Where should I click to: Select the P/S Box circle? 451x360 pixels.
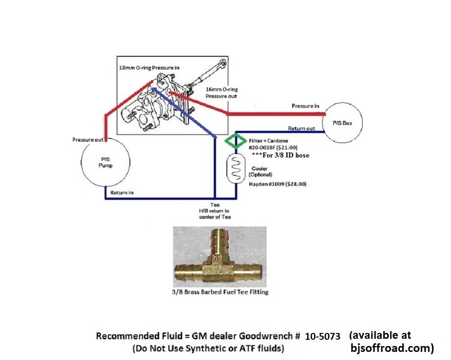point(343,123)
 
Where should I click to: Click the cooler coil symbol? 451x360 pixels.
point(235,168)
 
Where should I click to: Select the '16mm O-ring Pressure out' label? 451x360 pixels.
point(221,92)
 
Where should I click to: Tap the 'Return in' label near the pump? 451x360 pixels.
point(122,193)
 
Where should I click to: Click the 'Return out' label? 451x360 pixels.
point(302,129)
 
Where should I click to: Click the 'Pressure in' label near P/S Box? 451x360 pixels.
point(302,106)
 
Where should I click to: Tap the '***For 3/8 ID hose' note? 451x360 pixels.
point(280,155)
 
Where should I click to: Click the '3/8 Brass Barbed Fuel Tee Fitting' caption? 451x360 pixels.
point(221,292)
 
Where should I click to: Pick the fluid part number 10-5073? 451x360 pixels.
point(322,337)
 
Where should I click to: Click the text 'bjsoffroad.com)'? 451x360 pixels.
point(392,348)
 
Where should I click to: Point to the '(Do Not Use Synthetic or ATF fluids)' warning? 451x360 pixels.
point(208,348)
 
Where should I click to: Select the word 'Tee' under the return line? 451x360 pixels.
point(215,205)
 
